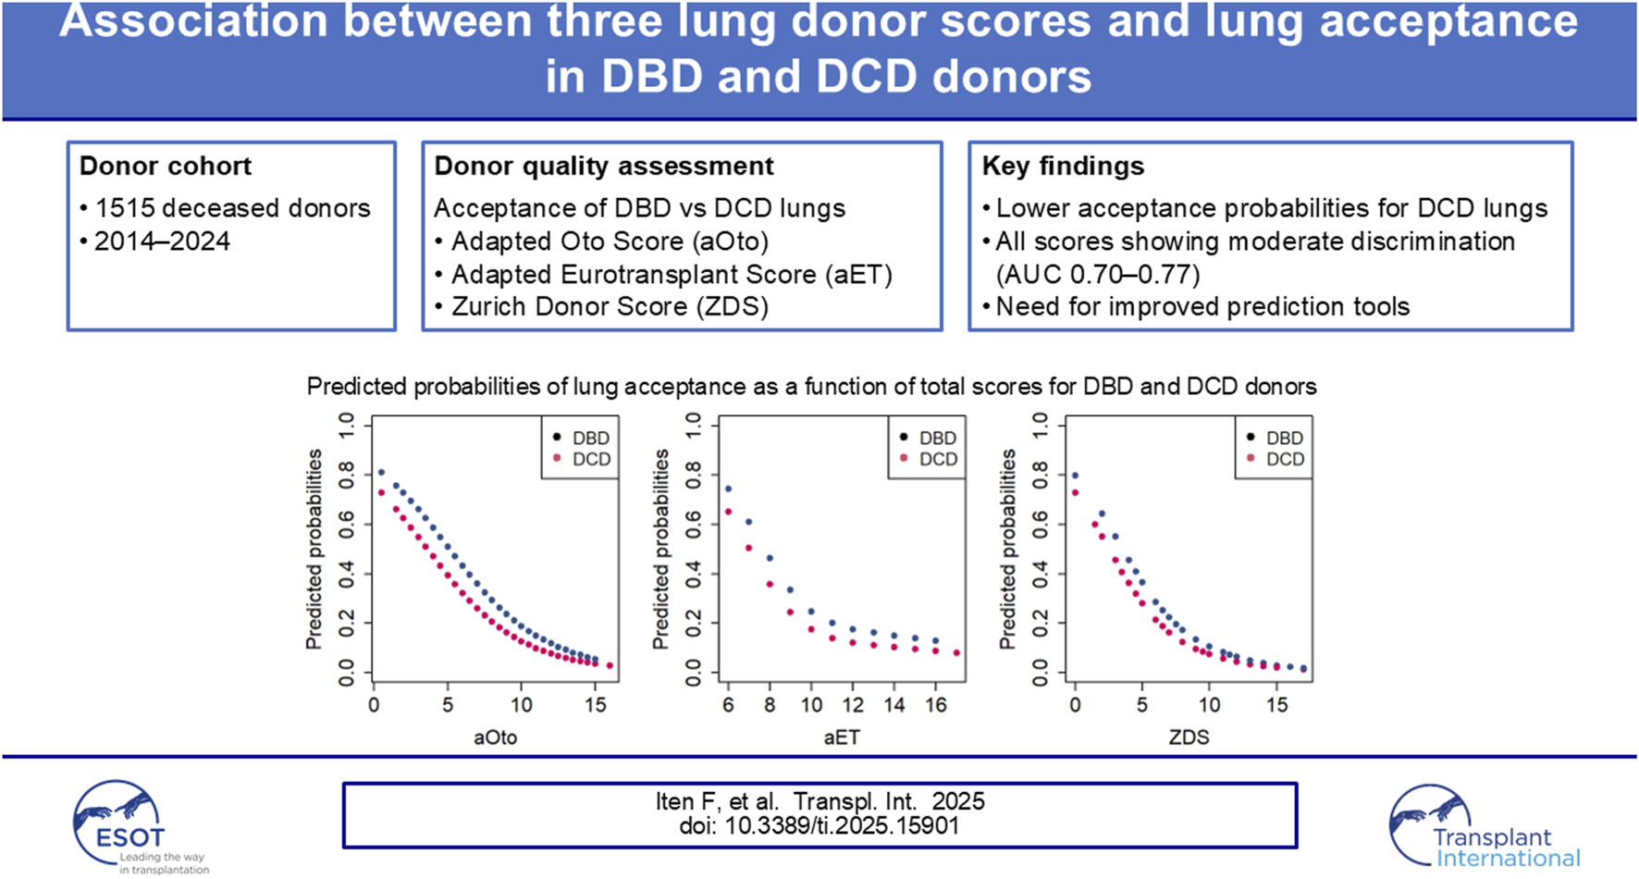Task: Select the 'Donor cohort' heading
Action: pyautogui.click(x=166, y=167)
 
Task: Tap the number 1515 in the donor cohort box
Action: pyautogui.click(x=126, y=208)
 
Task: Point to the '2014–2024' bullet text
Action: pyautogui.click(x=162, y=241)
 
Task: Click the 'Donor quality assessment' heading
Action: pyautogui.click(x=604, y=167)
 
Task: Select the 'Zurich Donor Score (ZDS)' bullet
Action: pyautogui.click(x=610, y=307)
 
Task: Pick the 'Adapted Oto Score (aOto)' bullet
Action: pyautogui.click(x=610, y=241)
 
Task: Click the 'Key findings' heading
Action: pyautogui.click(x=1063, y=167)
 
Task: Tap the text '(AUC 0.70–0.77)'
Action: pyautogui.click(x=1097, y=275)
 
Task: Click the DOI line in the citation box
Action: pyautogui.click(x=819, y=825)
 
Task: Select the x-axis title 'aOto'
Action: pyautogui.click(x=495, y=737)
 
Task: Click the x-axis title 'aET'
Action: pyautogui.click(x=841, y=737)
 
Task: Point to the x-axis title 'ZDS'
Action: pyautogui.click(x=1189, y=737)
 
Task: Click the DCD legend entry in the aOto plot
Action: pyautogui.click(x=582, y=459)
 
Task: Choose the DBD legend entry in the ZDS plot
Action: pyautogui.click(x=1275, y=438)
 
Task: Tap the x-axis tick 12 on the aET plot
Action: pyautogui.click(x=853, y=705)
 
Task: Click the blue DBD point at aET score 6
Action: pyautogui.click(x=728, y=489)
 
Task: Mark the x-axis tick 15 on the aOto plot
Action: pyautogui.click(x=595, y=705)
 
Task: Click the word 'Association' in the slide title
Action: pyautogui.click(x=193, y=22)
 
